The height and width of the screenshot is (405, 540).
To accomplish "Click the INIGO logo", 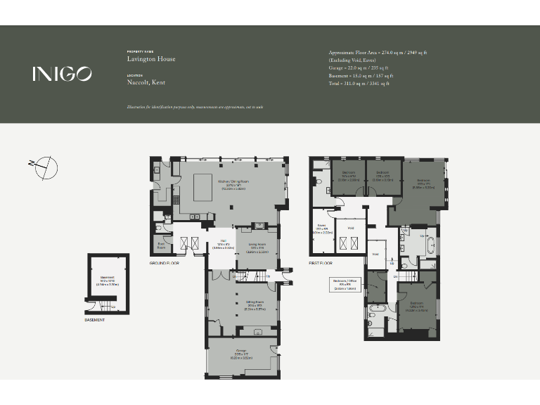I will pos(62,74).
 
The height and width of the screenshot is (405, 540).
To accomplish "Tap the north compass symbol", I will pos(44,167).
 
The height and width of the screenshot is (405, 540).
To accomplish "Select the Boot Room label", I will pos(160,246).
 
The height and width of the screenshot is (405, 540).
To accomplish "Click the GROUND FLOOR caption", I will pos(164,263).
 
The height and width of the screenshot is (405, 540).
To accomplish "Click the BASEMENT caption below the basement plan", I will pos(94,320).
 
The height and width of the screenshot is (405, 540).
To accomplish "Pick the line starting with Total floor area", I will pos(359,83).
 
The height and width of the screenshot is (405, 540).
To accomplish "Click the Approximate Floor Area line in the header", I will pos(378,53).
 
